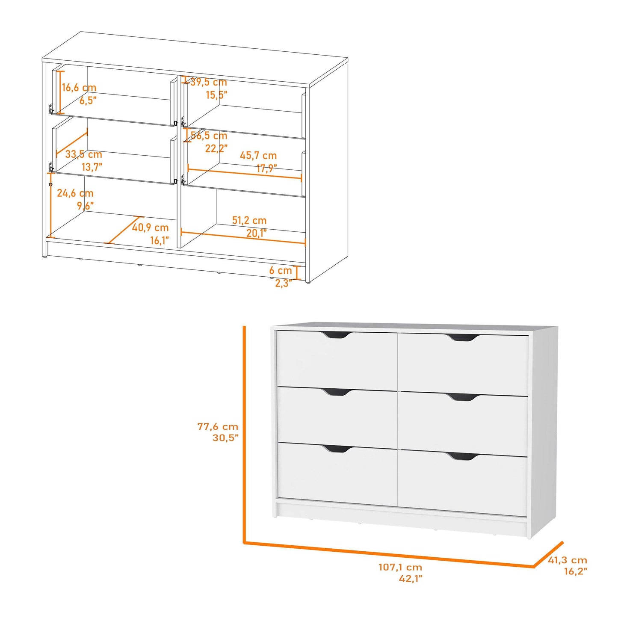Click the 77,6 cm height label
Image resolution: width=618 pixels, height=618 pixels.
click(x=218, y=426)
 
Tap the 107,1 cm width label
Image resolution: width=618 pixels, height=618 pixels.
click(x=400, y=567)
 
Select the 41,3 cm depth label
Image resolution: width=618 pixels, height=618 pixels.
click(x=568, y=560)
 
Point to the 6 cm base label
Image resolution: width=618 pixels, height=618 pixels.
click(x=280, y=270)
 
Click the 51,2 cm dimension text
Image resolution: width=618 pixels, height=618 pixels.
click(x=249, y=220)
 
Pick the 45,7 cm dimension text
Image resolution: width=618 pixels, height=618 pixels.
click(x=258, y=155)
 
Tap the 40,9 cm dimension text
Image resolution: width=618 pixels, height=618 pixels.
click(x=150, y=228)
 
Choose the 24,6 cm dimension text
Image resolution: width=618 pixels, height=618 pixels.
click(x=75, y=193)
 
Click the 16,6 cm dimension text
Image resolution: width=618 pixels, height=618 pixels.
click(x=79, y=88)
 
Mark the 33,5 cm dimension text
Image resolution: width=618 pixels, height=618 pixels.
click(x=83, y=154)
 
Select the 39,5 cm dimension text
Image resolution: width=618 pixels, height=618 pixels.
click(x=209, y=82)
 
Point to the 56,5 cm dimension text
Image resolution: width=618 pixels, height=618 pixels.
click(x=209, y=136)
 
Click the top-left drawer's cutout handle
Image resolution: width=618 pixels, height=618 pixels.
click(x=336, y=335)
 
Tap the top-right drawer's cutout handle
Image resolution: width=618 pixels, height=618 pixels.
click(x=463, y=338)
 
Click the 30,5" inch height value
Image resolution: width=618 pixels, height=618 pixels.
click(x=225, y=438)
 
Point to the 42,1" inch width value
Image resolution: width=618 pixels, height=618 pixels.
click(x=411, y=578)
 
